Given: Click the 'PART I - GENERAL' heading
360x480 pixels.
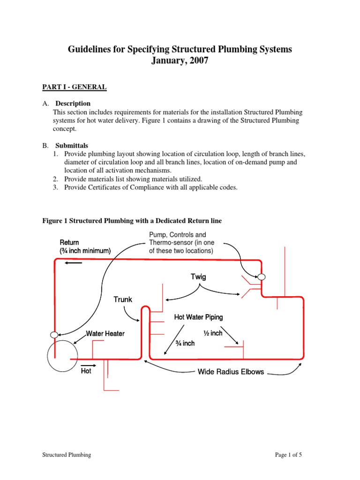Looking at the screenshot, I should tap(73, 87).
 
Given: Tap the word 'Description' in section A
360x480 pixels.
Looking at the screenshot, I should tap(73, 103).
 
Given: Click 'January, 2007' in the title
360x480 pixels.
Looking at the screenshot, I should tap(180, 61).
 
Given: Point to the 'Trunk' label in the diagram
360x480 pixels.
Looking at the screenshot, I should tap(123, 300).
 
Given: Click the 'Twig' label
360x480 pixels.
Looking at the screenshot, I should tap(198, 277).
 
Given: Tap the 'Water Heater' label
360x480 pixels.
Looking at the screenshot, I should tap(105, 334).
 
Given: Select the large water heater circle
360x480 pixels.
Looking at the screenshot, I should tap(63, 355).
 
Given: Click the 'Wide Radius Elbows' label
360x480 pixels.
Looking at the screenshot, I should tap(231, 372).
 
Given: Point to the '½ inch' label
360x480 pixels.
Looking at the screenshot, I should tap(212, 333).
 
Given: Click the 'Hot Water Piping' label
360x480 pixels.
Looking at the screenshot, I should tap(198, 317).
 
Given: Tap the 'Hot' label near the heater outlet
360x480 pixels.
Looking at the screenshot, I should tap(86, 371).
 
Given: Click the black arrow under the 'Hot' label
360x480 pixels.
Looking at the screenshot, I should tap(88, 365).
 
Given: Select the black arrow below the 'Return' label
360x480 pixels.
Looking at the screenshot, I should tap(74, 263).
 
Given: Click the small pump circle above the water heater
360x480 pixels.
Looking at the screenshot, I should tap(54, 335).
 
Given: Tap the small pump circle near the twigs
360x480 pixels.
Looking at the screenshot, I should tap(262, 277).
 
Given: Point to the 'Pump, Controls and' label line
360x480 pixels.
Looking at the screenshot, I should tap(177, 234).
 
